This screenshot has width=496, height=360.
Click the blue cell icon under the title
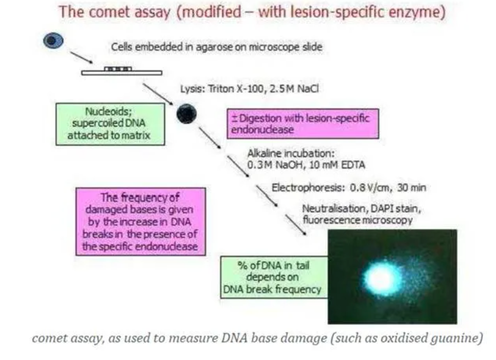coord(53,40)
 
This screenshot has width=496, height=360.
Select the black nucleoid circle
coord(186,114)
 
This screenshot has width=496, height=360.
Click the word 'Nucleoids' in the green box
coord(108,111)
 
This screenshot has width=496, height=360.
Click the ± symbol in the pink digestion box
coord(234,118)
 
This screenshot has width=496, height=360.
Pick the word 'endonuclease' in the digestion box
coord(262,130)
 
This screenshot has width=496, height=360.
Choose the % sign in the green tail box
coord(243,265)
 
